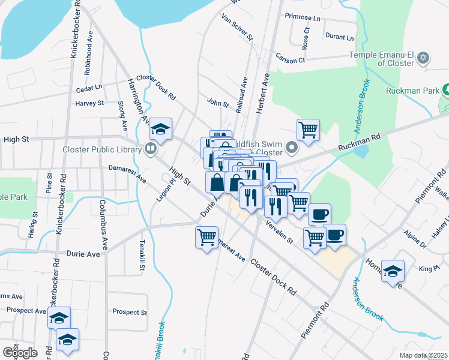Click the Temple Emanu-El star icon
[424, 58]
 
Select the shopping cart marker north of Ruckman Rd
[307, 129]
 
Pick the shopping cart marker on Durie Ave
[206, 237]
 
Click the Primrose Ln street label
[303, 16]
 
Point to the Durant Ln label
[339, 37]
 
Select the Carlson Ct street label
[291, 60]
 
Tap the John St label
[218, 103]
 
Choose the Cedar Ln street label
[89, 88]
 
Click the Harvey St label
[90, 103]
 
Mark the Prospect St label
[130, 312]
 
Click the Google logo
[19, 352]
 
